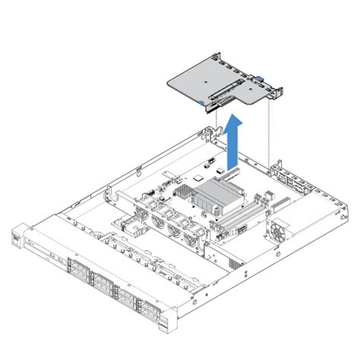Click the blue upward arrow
[235, 141]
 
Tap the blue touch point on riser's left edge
[199, 99]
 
